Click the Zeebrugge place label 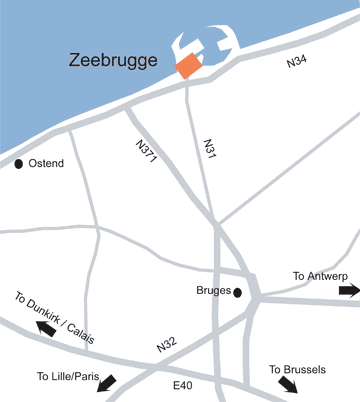coord(114,60)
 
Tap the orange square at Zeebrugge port coord(188,66)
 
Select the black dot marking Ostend coord(19,163)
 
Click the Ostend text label coord(47,163)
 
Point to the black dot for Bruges coord(237,292)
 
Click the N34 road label coord(296,63)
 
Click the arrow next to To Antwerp coord(349,290)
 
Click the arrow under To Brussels coord(287,385)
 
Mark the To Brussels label coord(297,369)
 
